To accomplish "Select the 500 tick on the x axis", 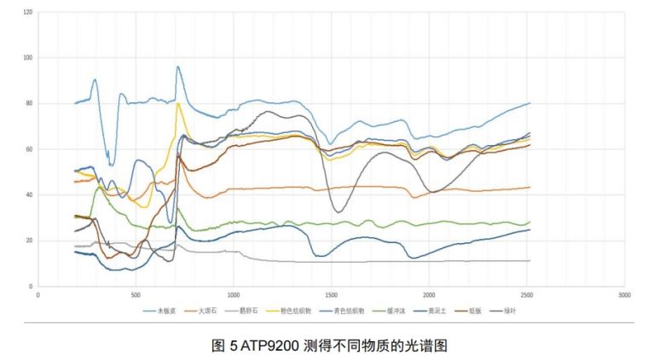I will [x=136, y=294].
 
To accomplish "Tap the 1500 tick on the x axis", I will [x=331, y=294].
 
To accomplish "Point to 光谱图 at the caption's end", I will [x=429, y=345].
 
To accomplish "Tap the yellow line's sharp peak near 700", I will [x=178, y=103].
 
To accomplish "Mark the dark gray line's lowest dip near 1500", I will [x=338, y=212].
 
